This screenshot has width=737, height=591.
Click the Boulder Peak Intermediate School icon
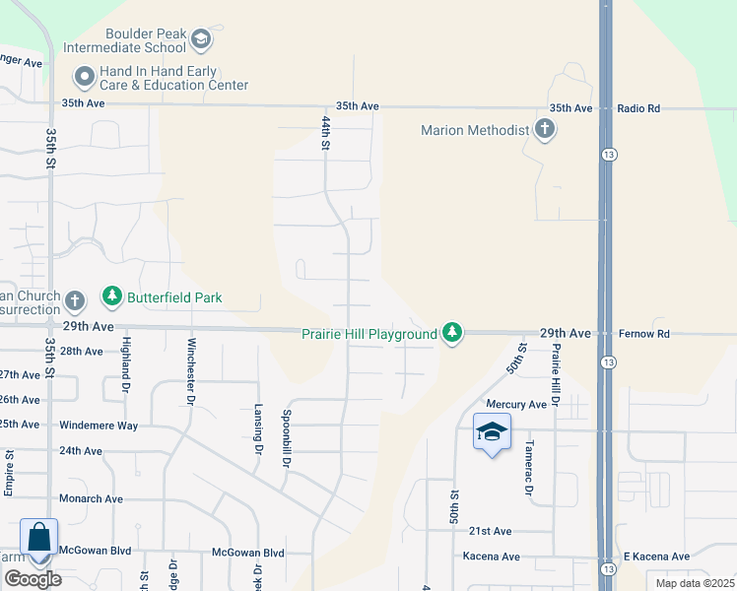tap(201, 39)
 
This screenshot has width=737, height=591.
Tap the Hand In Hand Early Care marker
tap(85, 76)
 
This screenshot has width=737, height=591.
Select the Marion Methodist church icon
tap(544, 129)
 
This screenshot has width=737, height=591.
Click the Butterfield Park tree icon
tap(113, 297)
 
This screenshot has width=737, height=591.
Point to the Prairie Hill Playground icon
tap(452, 334)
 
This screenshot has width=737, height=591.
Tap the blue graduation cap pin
tap(492, 432)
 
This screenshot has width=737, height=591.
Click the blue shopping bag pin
tap(38, 538)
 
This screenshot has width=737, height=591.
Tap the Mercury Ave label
tap(516, 405)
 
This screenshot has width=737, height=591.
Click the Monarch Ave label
tap(91, 499)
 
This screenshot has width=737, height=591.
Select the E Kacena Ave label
tap(656, 569)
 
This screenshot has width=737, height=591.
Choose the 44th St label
tap(326, 133)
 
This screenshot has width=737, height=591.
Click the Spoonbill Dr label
tap(287, 432)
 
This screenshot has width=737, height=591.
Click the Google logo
tap(33, 579)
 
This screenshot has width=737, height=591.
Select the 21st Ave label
tap(490, 532)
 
